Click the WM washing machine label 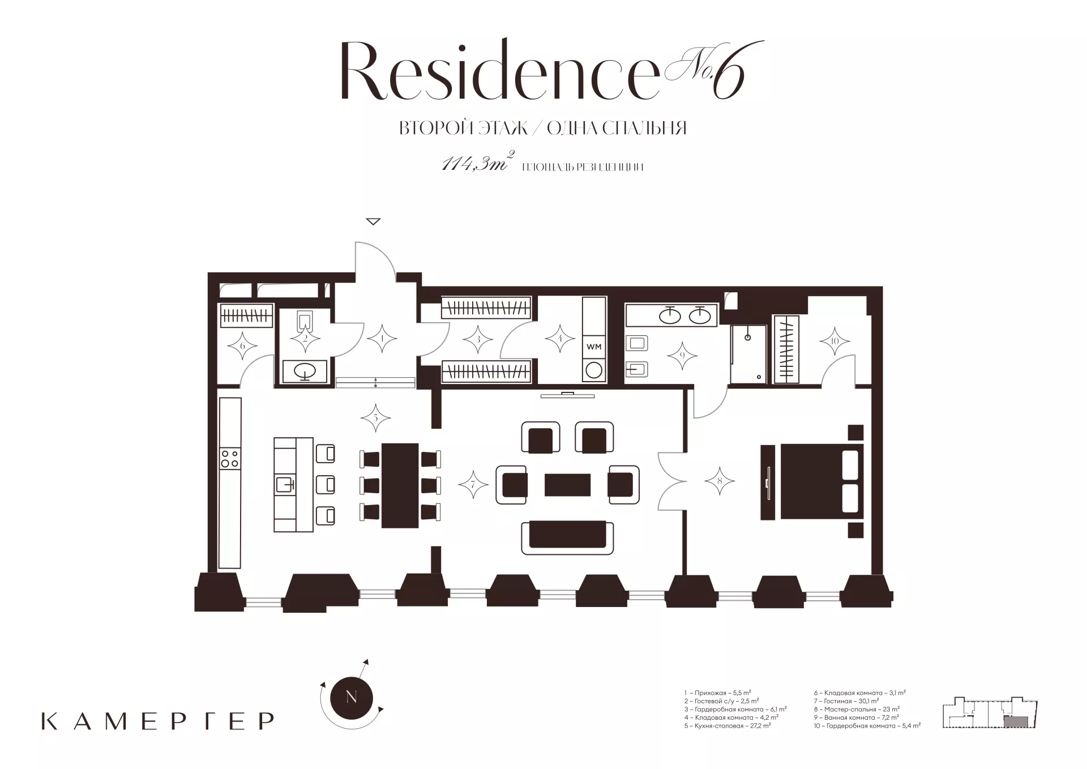pos(594,346)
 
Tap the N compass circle pos(351,697)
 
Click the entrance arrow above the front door pos(373,221)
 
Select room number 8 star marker pos(720,481)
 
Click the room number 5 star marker pos(375,418)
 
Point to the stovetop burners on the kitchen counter pos(230,458)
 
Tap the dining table pos(400,485)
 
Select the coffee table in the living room pos(567,485)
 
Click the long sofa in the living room pos(567,537)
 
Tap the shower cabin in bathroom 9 pos(748,354)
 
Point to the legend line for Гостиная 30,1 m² pos(846,701)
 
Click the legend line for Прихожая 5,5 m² pos(717,693)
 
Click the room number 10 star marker pos(834,341)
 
